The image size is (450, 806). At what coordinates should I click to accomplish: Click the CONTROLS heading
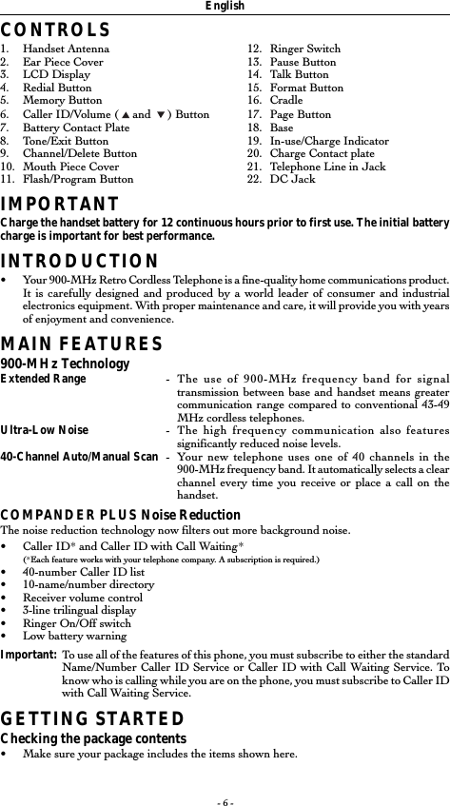(x=55, y=31)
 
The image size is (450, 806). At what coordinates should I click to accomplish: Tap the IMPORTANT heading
(x=59, y=204)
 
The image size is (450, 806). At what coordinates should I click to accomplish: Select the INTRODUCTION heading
(x=79, y=262)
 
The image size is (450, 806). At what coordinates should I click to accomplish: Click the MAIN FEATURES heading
(x=81, y=344)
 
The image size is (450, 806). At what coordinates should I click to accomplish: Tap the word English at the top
(x=225, y=7)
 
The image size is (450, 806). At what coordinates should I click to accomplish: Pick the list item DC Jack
(x=292, y=179)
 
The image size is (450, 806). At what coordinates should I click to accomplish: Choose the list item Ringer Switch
(x=304, y=49)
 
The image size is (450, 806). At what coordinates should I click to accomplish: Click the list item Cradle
(x=286, y=100)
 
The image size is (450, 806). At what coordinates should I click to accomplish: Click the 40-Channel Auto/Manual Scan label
(x=79, y=456)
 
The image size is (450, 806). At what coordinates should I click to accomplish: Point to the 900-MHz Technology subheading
(x=65, y=364)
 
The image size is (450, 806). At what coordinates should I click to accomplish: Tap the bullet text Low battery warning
(x=71, y=636)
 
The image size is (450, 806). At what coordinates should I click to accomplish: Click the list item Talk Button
(x=299, y=74)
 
